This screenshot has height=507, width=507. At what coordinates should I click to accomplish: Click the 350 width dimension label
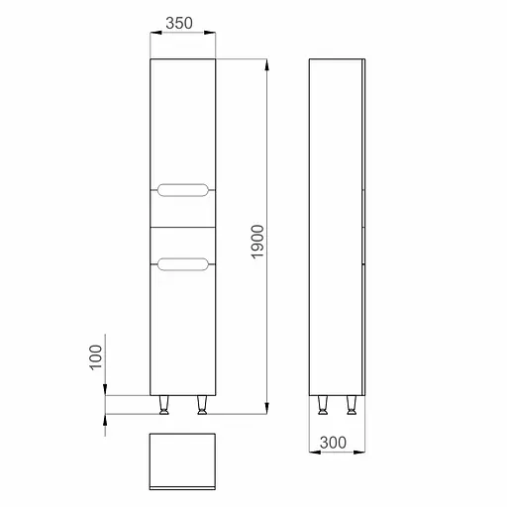pos(179,23)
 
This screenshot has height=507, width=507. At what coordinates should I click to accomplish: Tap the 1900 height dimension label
pos(257,242)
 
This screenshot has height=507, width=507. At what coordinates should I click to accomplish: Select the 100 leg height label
pos(96,357)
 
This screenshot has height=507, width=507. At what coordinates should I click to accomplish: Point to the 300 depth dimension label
pos(333,443)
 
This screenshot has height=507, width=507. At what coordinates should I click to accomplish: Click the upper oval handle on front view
pos(183,190)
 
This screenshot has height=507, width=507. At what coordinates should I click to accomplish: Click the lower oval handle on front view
pos(183,264)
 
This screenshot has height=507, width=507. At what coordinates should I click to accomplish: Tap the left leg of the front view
pos(163,405)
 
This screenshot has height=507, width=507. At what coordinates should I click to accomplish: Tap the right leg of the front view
pos(201,405)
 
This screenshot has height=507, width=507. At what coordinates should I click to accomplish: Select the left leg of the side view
pos(322,405)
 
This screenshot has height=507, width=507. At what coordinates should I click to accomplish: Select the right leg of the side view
pos(352,405)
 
